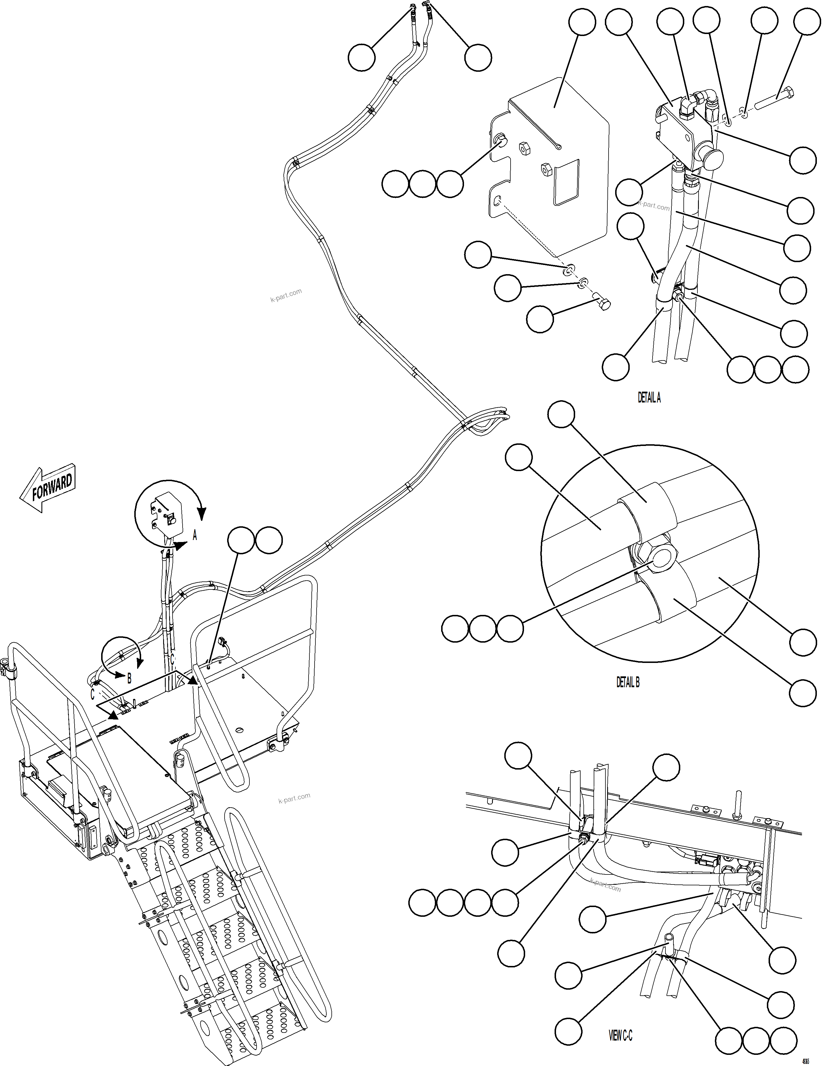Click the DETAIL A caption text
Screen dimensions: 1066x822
[x=649, y=398]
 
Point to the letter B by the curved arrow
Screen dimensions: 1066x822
[x=129, y=678]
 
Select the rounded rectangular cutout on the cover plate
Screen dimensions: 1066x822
[x=566, y=181]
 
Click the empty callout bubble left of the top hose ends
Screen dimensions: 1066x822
[x=361, y=57]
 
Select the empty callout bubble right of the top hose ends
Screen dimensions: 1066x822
[x=478, y=57]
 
